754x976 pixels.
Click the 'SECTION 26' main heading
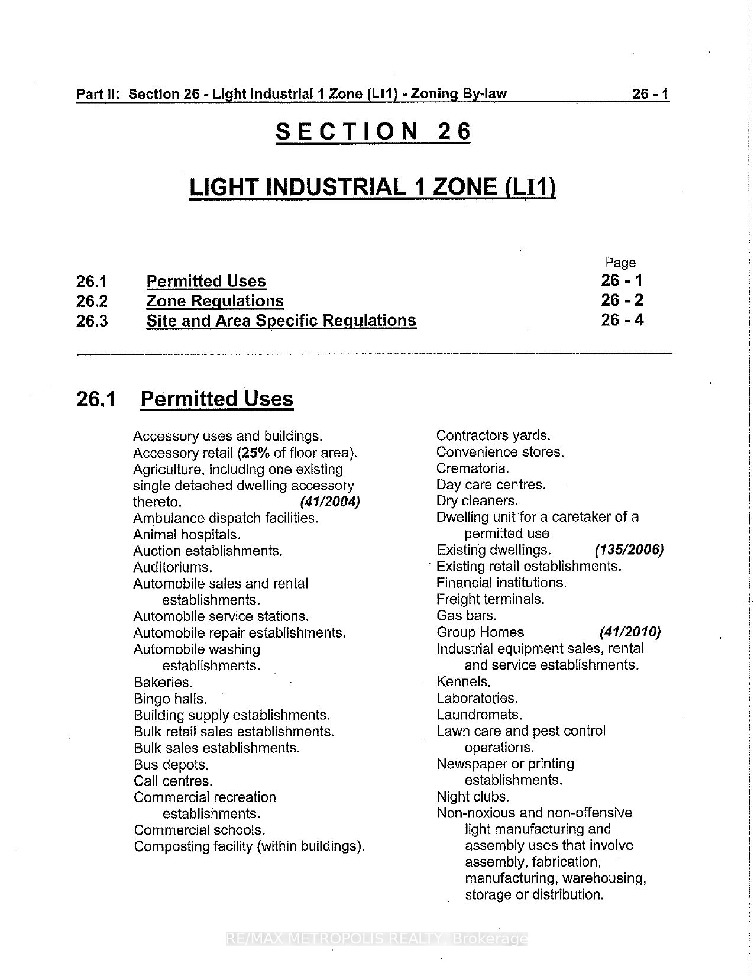coord(373,131)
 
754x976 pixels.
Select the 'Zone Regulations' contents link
coord(215,301)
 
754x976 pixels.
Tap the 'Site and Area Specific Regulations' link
coord(281,321)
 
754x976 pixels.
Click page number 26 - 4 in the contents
coord(622,320)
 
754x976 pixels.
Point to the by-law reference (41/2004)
coord(330,502)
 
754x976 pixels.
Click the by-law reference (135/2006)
coord(629,550)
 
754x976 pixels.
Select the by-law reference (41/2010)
coord(630,632)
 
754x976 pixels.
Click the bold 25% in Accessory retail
coord(255,453)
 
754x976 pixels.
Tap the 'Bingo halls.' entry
coord(170,699)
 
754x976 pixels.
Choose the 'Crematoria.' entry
coord(473,468)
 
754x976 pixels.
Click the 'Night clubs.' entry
coord(473,796)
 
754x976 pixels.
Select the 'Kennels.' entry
coord(464,681)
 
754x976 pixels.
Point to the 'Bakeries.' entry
coord(163,682)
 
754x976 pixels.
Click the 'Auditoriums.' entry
coord(173,567)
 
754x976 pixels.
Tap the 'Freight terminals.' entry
coord(490,599)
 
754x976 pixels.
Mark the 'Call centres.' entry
coord(173,781)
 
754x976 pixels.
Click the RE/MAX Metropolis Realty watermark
coord(377,939)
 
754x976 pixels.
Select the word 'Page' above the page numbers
coord(620,263)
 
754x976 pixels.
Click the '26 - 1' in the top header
coord(650,94)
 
